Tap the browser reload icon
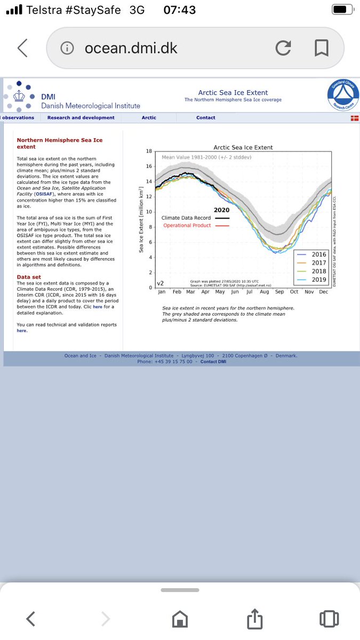click(x=283, y=49)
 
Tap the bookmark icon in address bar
click(x=321, y=49)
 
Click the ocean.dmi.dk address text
click(x=131, y=49)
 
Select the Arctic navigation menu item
click(x=149, y=117)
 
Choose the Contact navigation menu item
click(x=205, y=117)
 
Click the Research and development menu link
click(x=81, y=117)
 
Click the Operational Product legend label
click(x=187, y=226)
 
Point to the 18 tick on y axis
click(x=149, y=151)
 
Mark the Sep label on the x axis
click(x=279, y=292)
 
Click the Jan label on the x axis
click(x=161, y=292)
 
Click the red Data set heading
click(x=31, y=277)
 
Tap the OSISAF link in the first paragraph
click(x=43, y=194)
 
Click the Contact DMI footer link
click(x=216, y=362)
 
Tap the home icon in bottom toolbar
click(x=180, y=620)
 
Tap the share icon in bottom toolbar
click(x=254, y=619)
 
